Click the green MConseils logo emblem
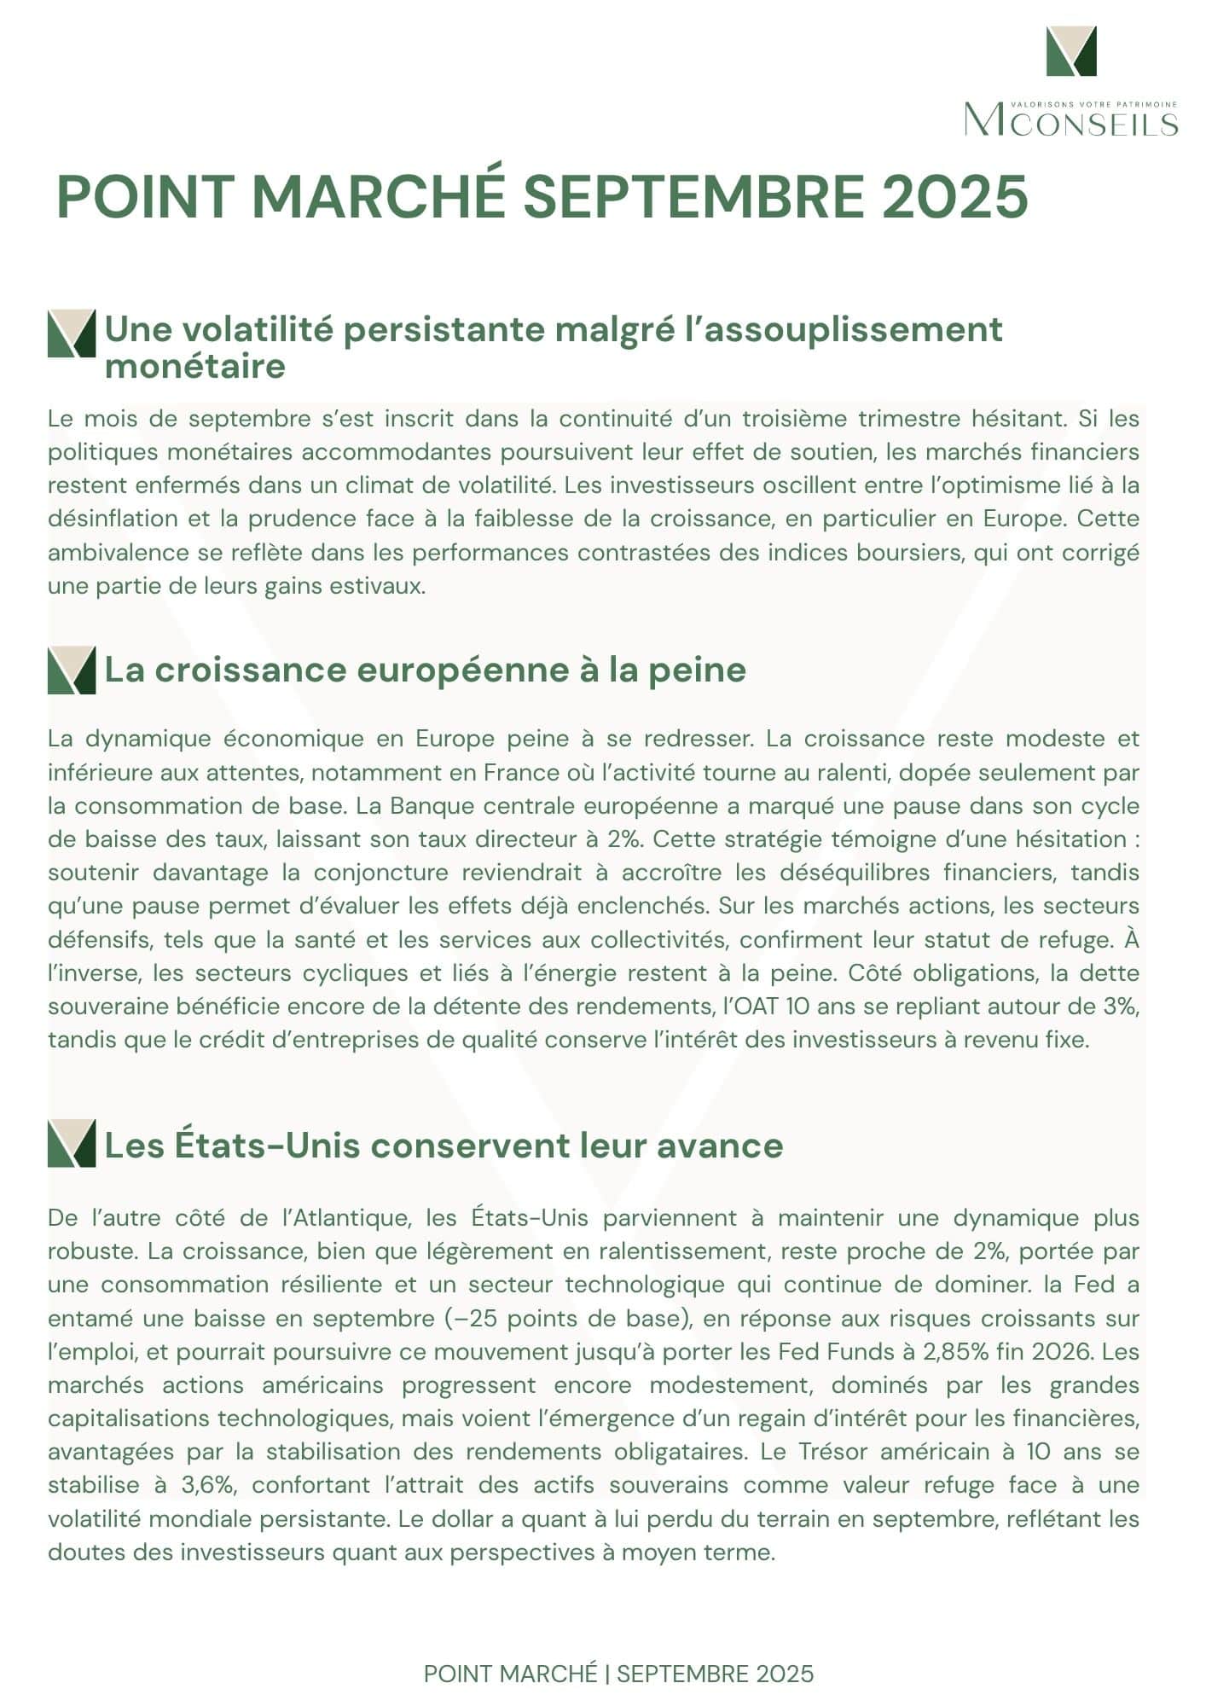coord(1071,51)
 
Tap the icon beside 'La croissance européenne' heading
coord(72,670)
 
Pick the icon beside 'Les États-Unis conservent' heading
coord(72,1145)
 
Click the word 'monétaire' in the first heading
coord(194,367)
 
